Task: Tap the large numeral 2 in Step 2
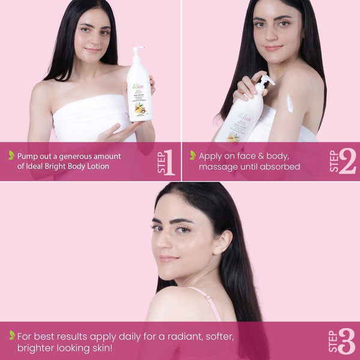point(347,161)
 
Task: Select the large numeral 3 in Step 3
point(346,341)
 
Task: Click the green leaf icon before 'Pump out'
point(11,155)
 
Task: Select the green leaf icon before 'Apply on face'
point(193,155)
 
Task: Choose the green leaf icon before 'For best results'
point(11,335)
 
